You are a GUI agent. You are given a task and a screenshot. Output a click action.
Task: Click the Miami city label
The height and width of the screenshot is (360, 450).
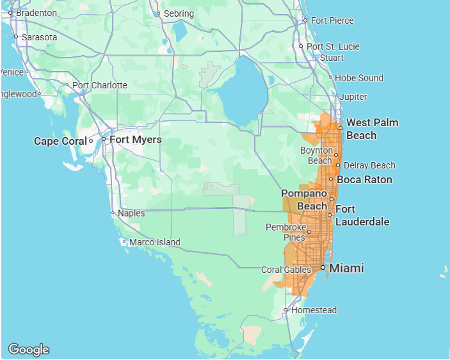346,268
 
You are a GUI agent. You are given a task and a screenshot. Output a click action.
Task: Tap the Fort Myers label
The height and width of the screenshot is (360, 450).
136,140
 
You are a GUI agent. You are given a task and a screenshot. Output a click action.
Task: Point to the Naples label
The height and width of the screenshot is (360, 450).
131,213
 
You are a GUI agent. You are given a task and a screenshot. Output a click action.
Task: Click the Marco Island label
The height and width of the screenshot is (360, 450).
154,242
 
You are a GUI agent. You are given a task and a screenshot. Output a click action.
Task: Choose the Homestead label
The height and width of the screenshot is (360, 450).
314,310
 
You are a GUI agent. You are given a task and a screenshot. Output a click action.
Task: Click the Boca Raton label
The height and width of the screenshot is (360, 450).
364,179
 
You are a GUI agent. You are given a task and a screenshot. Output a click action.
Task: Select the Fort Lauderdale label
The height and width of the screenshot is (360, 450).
362,216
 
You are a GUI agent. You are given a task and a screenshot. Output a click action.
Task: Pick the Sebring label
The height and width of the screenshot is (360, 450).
179,13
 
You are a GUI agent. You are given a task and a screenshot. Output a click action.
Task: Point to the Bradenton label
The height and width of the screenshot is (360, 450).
36,13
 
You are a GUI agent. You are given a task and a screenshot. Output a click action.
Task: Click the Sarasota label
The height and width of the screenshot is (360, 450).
39,37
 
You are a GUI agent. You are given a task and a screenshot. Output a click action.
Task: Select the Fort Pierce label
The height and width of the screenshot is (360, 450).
332,20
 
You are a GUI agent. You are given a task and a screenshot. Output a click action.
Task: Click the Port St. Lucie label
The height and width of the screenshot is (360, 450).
333,46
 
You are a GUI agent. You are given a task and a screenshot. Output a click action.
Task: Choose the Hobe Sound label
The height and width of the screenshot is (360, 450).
359,78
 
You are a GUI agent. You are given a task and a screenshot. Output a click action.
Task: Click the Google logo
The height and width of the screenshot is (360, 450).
29,349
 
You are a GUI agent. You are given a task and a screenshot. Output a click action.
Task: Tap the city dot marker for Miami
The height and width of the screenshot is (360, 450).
323,268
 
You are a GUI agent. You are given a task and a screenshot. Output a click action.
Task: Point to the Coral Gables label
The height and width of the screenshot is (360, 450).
285,270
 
